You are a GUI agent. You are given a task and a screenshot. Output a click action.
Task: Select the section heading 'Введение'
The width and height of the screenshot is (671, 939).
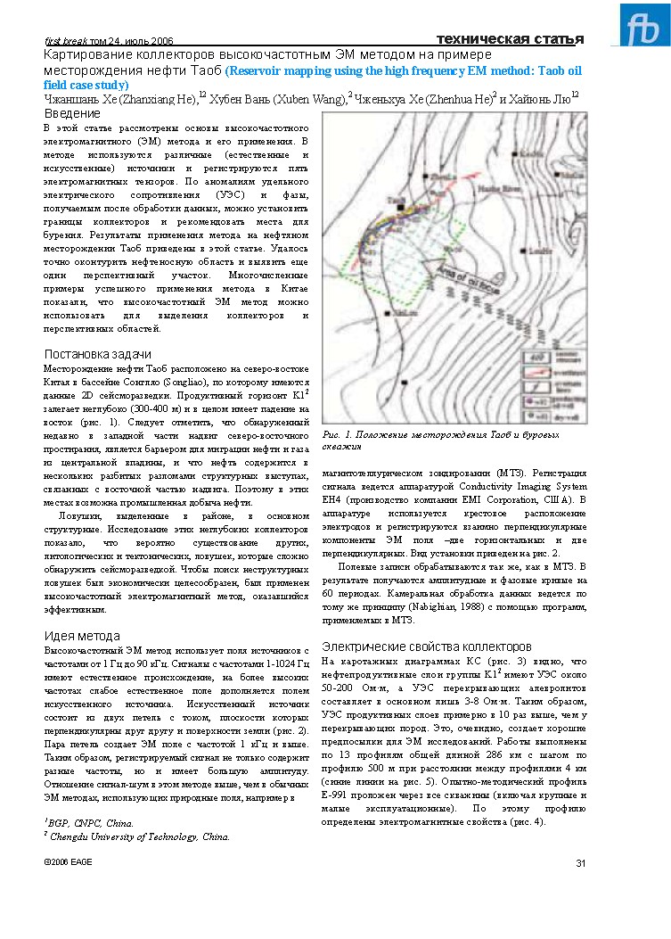tap(72, 114)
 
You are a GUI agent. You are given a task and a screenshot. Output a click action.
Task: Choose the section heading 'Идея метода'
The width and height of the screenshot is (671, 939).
tap(82, 635)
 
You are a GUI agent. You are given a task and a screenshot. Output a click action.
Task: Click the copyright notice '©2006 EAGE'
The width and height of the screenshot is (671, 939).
tap(68, 861)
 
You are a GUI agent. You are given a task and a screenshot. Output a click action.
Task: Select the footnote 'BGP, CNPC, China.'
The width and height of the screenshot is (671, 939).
tap(89, 823)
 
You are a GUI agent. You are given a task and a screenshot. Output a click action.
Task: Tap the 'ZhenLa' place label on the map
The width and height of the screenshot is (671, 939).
tap(442, 177)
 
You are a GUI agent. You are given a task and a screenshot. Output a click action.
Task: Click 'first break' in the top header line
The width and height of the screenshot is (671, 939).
tap(64, 41)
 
